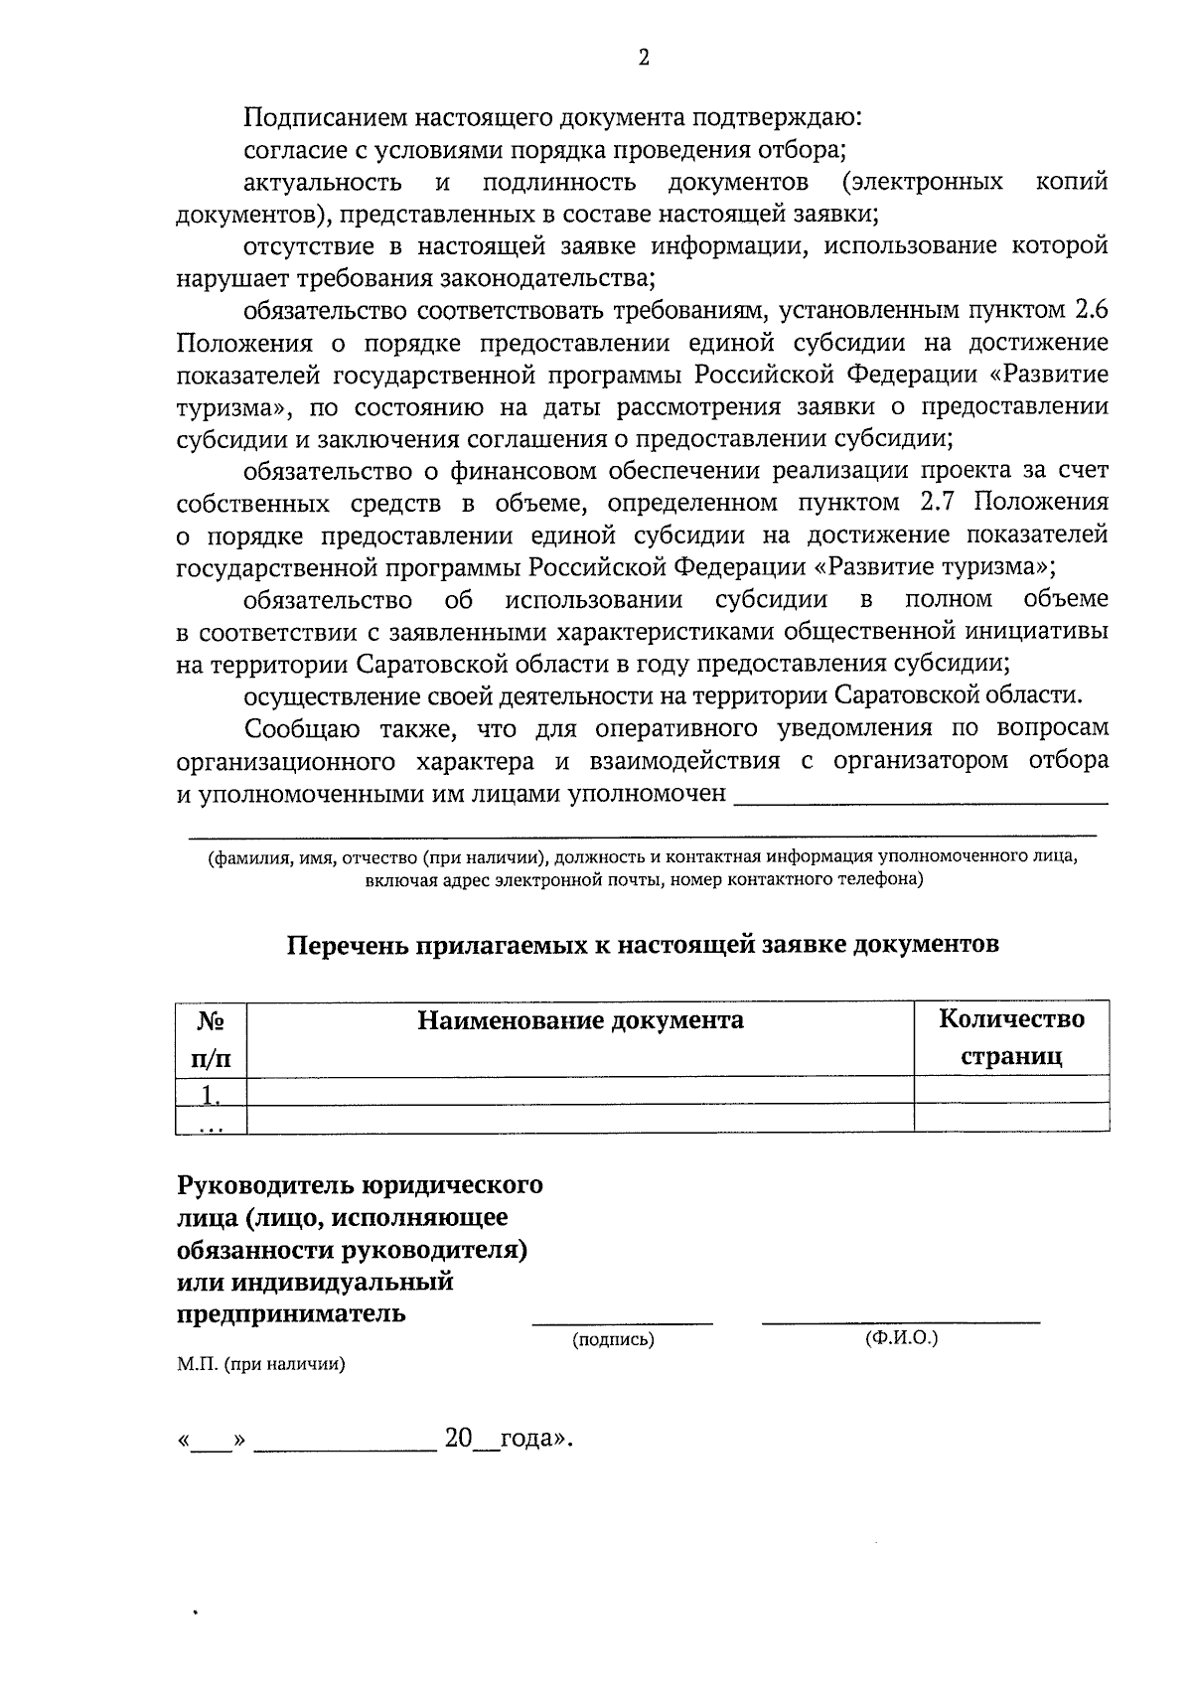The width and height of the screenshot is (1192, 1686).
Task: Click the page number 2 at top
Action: click(644, 59)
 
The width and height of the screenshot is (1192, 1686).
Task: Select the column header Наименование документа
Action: click(580, 1020)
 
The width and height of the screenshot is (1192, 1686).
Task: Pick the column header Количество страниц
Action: click(1011, 1037)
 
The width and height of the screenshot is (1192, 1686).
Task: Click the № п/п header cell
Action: click(211, 1038)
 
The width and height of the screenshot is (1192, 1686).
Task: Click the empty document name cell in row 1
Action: click(580, 1092)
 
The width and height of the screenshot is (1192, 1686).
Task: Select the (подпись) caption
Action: click(613, 1340)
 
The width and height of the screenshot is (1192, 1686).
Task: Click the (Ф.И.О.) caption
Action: click(902, 1338)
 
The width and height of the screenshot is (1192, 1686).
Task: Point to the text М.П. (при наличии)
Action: click(261, 1365)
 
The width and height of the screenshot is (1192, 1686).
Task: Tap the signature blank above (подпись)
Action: click(623, 1319)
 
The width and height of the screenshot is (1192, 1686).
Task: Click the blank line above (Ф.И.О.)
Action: click(901, 1319)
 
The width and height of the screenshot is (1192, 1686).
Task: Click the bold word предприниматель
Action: click(291, 1313)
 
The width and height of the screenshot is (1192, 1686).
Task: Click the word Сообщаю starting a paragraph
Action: click(302, 729)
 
